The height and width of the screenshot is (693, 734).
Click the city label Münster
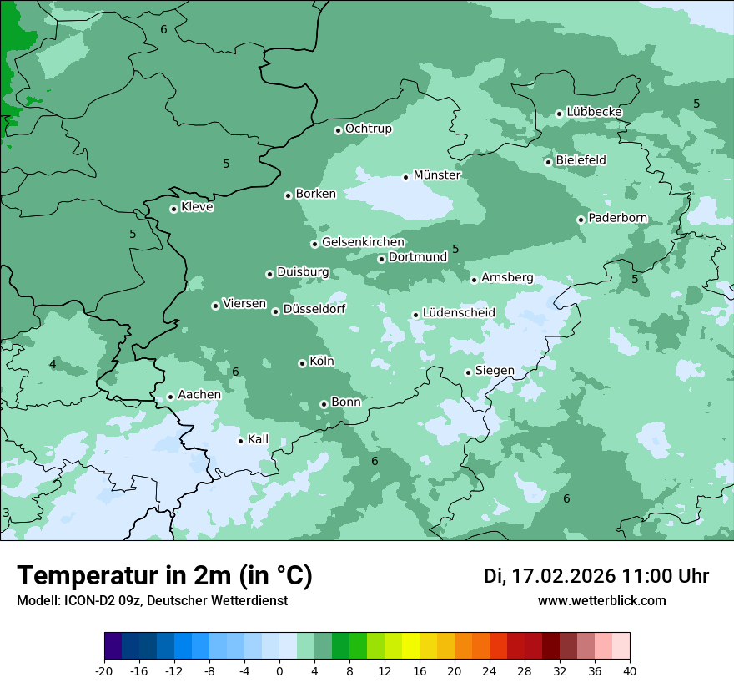click(x=437, y=175)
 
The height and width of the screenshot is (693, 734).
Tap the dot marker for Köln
click(x=302, y=363)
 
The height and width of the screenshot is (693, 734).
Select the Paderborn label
click(x=617, y=219)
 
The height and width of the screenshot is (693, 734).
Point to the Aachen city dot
click(x=170, y=397)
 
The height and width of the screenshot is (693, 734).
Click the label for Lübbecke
click(x=594, y=112)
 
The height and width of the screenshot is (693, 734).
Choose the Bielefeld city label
click(x=581, y=160)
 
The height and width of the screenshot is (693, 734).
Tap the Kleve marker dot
click(x=173, y=209)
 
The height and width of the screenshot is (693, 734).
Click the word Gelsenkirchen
click(x=363, y=243)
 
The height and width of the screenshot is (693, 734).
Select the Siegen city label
click(x=495, y=371)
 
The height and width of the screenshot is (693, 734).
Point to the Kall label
click(x=258, y=439)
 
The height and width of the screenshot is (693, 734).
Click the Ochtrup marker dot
click(x=338, y=130)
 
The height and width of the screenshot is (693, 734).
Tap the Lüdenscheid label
click(x=459, y=313)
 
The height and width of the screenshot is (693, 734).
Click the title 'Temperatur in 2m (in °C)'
click(x=164, y=576)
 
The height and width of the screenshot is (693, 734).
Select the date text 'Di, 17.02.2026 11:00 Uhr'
click(x=596, y=576)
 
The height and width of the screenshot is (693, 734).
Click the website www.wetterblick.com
click(x=601, y=601)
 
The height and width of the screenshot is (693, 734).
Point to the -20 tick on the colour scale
click(x=104, y=671)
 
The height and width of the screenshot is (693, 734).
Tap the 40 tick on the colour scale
click(x=629, y=671)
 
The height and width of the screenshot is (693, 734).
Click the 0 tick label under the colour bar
click(x=279, y=671)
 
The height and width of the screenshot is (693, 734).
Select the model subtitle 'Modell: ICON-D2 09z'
click(x=79, y=601)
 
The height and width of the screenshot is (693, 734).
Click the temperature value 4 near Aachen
click(x=53, y=364)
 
